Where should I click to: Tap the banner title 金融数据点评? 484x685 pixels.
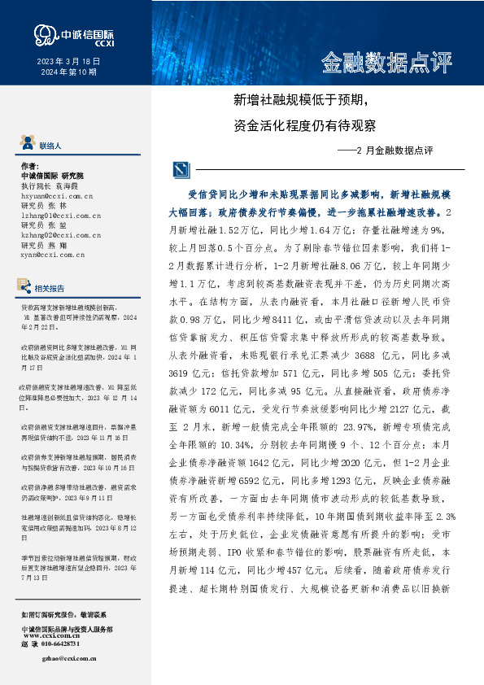click(386, 62)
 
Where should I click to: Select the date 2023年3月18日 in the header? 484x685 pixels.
click(68, 61)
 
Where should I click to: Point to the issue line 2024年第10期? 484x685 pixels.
click(68, 72)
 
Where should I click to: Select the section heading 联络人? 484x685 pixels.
click(50, 145)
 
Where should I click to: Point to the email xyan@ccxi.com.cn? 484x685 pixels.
click(52, 255)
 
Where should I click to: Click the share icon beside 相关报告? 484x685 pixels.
click(24, 286)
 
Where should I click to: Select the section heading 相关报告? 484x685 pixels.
click(50, 287)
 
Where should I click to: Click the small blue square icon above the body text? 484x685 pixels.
click(180, 169)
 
